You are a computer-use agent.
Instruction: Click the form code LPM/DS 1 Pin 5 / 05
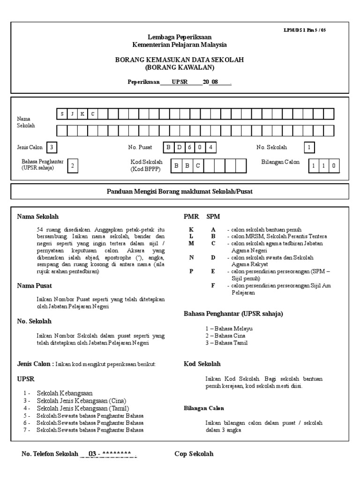(305, 30)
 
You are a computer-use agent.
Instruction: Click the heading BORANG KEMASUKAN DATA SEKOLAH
(180, 60)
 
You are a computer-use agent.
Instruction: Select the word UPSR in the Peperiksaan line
(180, 82)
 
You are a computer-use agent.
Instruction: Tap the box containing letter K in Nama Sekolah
(82, 114)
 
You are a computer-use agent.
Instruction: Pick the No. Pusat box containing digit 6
(190, 148)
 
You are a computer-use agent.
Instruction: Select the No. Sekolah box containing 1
(309, 148)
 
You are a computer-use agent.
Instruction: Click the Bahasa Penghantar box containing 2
(73, 166)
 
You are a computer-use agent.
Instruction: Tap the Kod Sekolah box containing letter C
(198, 166)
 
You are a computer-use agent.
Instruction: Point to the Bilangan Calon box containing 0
(334, 166)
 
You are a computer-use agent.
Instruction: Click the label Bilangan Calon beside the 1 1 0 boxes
(280, 162)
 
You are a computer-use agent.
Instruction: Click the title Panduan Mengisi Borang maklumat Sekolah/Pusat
(180, 191)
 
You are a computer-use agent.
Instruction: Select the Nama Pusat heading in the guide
(34, 285)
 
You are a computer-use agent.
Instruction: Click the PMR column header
(191, 217)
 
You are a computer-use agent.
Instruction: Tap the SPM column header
(213, 217)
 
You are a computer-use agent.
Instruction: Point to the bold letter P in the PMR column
(191, 272)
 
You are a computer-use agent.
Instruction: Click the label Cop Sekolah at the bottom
(194, 454)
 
